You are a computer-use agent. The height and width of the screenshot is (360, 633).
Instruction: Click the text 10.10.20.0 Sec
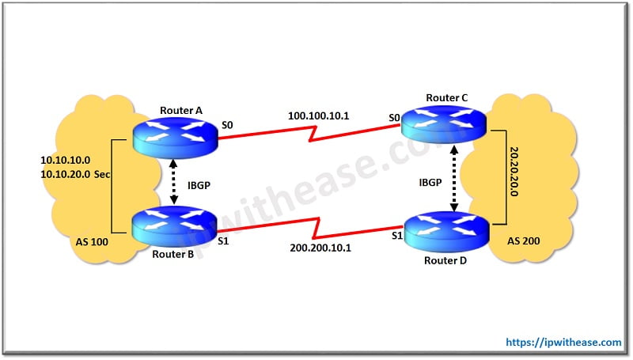click(x=75, y=172)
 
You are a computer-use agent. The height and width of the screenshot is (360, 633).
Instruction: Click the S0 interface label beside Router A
click(x=228, y=124)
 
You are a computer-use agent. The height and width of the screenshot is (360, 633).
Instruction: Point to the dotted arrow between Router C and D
click(x=454, y=178)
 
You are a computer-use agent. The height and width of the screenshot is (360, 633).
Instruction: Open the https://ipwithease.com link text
click(x=564, y=342)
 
